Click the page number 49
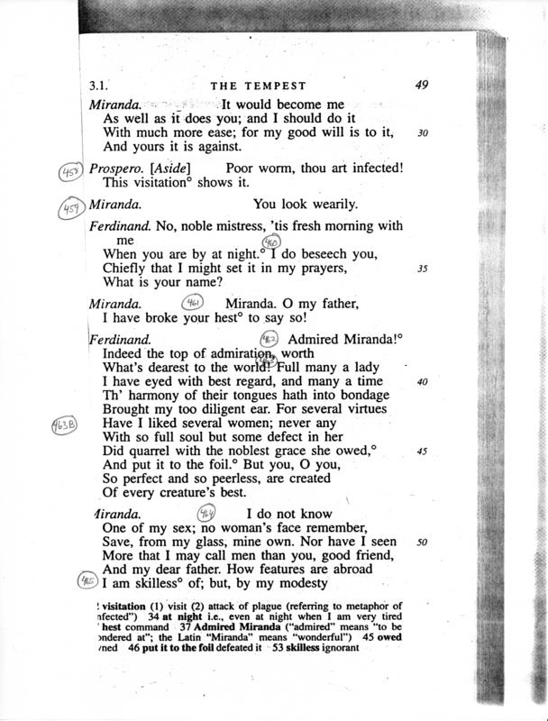point(421,86)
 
